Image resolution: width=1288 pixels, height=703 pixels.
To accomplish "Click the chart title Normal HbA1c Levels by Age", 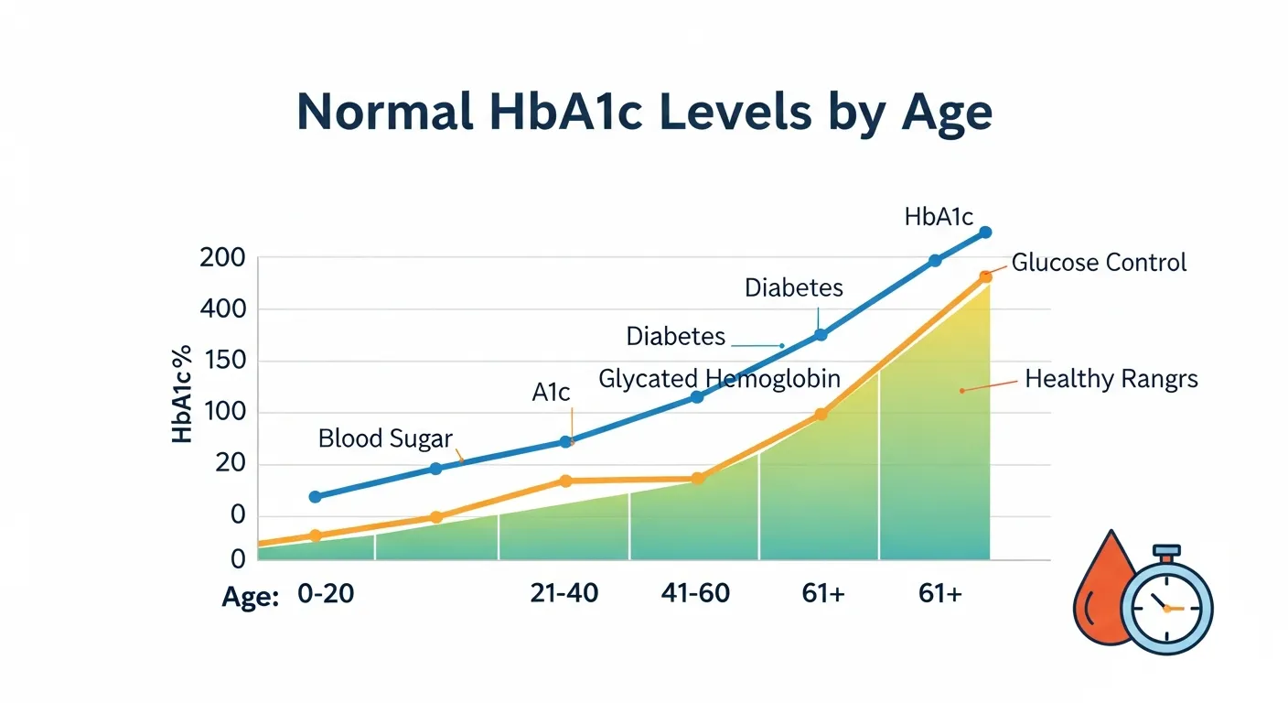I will pos(644,114).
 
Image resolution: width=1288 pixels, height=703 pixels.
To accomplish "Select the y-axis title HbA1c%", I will pos(183,394).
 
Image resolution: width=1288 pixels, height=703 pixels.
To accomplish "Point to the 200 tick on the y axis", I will pos(222,258).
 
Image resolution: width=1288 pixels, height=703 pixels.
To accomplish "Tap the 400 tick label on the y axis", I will pos(222,309).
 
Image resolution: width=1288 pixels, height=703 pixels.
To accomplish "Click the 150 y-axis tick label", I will pos(222,361).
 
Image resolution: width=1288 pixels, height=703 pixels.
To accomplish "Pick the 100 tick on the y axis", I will pos(222,412).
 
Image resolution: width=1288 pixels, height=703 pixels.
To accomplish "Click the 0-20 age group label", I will pos(326,594).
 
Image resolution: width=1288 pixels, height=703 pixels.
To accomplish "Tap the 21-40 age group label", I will pos(564,593).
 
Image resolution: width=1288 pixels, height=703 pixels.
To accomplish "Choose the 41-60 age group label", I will pos(695,593).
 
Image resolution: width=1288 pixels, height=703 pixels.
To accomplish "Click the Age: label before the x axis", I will pos(251,597).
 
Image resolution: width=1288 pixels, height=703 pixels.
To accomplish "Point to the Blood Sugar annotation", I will pos(385,438).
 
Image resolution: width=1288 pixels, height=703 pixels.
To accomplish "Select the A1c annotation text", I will pos(551,393).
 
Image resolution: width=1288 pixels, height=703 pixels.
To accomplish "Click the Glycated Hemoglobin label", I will pos(719,379).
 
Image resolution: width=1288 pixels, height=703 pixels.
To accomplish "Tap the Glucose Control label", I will pos(1099,263).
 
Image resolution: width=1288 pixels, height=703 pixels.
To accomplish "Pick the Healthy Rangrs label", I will pos(1111,379).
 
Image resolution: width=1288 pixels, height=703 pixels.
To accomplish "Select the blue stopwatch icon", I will pos(1166,605).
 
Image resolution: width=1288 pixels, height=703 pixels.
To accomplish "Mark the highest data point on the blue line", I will pos(985,233).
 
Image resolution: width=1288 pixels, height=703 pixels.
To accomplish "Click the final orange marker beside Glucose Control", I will pos(985,276).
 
